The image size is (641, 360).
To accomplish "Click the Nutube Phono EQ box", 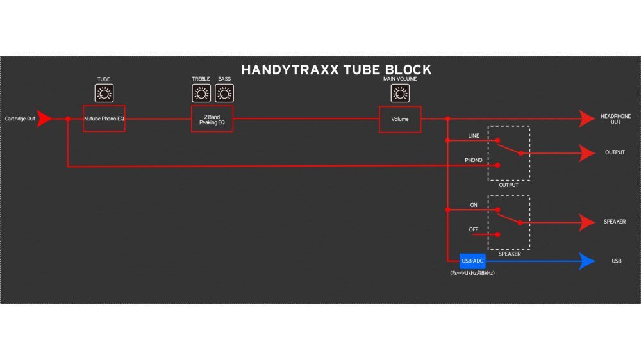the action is click(x=104, y=119).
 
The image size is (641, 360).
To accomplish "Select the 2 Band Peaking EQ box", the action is click(x=212, y=119).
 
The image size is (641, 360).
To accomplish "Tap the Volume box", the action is click(x=400, y=119).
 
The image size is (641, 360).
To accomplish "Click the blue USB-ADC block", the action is click(x=472, y=261).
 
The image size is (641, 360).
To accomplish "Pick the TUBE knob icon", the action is click(x=104, y=93).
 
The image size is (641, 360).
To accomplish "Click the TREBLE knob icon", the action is click(x=201, y=93).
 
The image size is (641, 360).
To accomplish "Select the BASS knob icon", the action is click(x=224, y=93).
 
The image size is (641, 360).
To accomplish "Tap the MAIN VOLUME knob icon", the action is click(x=400, y=93).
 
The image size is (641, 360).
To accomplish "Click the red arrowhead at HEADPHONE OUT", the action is click(x=587, y=119).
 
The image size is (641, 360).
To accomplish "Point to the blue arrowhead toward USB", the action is click(x=587, y=261).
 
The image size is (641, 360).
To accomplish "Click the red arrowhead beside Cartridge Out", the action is click(x=44, y=119).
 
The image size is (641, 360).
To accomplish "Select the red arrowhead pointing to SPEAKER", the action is click(x=587, y=223).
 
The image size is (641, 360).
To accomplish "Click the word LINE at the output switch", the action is click(x=474, y=136).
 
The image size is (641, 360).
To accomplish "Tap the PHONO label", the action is click(x=474, y=160).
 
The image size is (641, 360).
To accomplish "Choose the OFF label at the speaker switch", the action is click(x=474, y=230).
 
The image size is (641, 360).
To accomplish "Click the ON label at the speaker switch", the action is click(x=474, y=205).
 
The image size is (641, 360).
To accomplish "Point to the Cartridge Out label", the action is click(x=20, y=119).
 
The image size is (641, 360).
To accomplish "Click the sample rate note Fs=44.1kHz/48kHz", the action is click(x=472, y=273).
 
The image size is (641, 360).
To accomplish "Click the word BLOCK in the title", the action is click(x=408, y=70).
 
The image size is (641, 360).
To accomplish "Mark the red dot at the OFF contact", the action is click(x=497, y=234).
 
